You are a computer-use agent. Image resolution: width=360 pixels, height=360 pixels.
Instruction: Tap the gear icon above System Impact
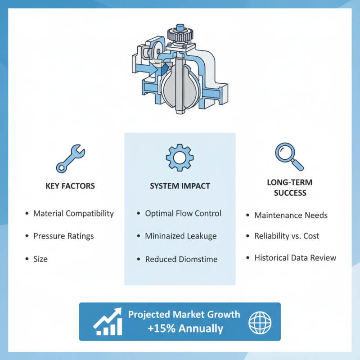pyautogui.click(x=180, y=157)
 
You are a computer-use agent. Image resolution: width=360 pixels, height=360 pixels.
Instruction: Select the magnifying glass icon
pyautogui.click(x=289, y=156)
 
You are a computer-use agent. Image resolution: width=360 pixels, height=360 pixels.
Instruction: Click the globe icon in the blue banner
pyautogui.click(x=260, y=323)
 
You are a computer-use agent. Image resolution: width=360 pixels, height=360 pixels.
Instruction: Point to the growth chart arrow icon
pyautogui.click(x=108, y=321)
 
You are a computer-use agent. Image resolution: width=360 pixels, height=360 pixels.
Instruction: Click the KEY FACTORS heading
pyautogui.click(x=70, y=186)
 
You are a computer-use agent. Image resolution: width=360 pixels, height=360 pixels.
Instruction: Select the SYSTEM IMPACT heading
pyautogui.click(x=180, y=186)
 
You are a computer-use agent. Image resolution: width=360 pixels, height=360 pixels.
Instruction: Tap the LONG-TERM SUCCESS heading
pyautogui.click(x=290, y=188)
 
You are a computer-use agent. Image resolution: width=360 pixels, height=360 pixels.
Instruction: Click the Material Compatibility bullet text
pyautogui.click(x=73, y=213)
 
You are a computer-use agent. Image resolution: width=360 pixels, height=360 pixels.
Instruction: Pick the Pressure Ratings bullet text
pyautogui.click(x=63, y=236)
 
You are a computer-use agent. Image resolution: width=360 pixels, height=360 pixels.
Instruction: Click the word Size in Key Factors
pyautogui.click(x=40, y=259)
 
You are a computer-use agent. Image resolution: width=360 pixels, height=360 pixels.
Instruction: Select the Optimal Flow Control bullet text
pyautogui.click(x=183, y=213)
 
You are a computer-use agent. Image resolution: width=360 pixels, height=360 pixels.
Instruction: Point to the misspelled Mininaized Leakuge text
pyautogui.click(x=181, y=236)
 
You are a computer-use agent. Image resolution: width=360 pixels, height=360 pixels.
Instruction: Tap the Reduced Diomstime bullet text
pyautogui.click(x=181, y=259)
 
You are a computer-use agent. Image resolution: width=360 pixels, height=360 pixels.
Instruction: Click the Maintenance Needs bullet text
pyautogui.click(x=291, y=216)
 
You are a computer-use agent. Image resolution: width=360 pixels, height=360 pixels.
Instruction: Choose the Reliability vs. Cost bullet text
pyautogui.click(x=287, y=236)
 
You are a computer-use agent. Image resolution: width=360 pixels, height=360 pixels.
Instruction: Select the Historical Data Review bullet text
pyautogui.click(x=295, y=258)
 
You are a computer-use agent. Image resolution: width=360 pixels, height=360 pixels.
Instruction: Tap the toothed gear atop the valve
pyautogui.click(x=180, y=35)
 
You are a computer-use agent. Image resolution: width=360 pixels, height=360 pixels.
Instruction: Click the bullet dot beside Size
pyautogui.click(x=27, y=259)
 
